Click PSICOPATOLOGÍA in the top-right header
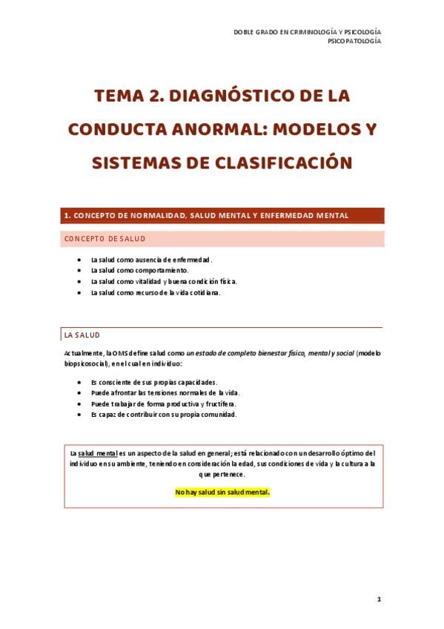354,42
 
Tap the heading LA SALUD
82,335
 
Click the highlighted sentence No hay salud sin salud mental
222,491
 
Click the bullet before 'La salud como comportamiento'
79,271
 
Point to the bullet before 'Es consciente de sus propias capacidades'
79,381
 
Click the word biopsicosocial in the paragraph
85,364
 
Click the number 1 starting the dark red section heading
67,215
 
